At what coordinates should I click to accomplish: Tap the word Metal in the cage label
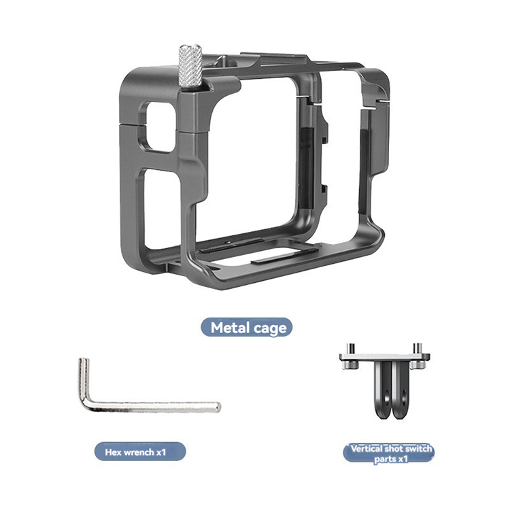tap(230, 328)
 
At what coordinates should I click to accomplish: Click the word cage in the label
tap(270, 328)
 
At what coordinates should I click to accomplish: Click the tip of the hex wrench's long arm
tap(219, 407)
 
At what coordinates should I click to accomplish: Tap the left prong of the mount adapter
tap(383, 390)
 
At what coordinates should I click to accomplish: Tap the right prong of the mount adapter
tap(401, 390)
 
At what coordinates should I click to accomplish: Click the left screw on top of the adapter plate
tap(350, 348)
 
